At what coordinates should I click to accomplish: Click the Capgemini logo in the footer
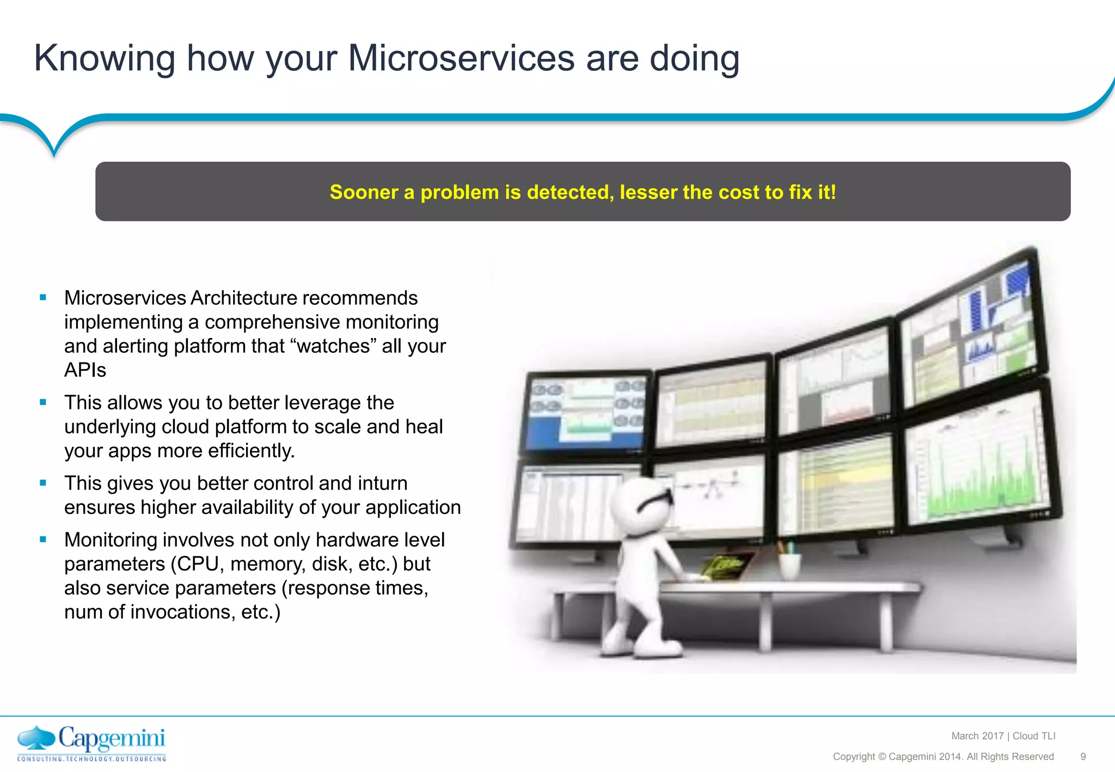coord(91,743)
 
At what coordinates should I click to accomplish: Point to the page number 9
coord(1083,757)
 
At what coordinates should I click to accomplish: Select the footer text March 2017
coord(977,736)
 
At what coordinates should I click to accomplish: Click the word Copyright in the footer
coord(854,757)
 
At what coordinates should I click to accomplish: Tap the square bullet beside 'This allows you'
coord(43,402)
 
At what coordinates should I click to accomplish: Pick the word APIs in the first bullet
coord(85,370)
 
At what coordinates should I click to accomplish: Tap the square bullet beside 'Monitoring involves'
coord(43,540)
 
